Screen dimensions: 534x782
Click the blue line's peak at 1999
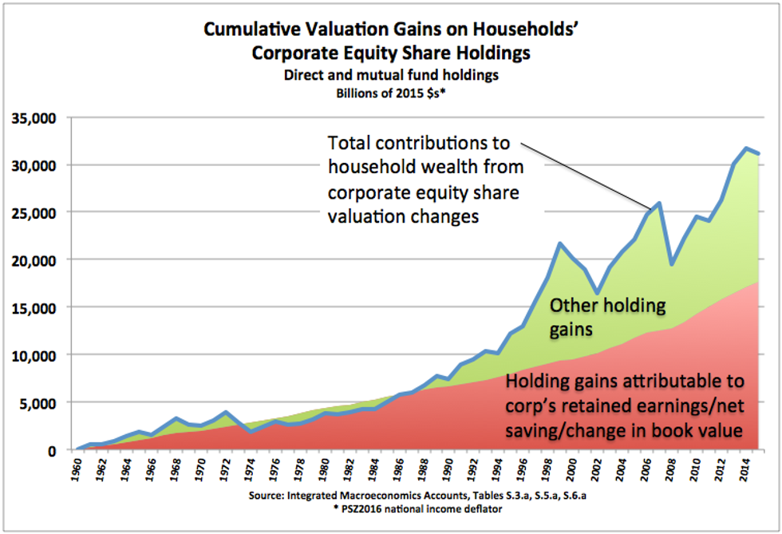tap(560, 243)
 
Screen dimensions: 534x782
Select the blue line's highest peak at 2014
tap(745, 148)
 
